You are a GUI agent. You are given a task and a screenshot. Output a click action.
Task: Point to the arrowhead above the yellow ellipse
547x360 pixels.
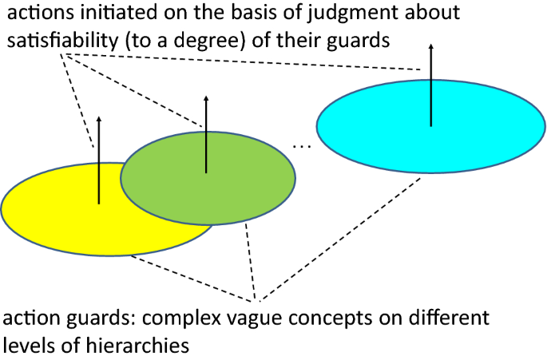99,120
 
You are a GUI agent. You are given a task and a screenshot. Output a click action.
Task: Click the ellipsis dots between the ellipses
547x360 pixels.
302,146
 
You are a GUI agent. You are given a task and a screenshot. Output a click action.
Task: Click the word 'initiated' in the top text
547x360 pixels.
104,13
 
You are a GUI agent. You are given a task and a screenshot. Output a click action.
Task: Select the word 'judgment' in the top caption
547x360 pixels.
347,13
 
